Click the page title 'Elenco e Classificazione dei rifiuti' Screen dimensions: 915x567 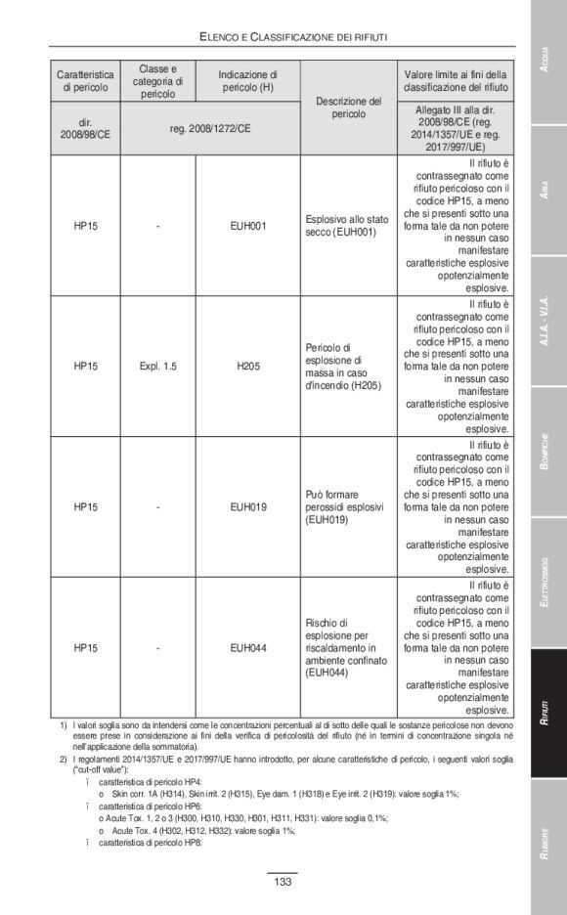coord(292,36)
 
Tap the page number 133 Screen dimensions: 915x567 coord(283,882)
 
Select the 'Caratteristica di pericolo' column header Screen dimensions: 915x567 coord(85,81)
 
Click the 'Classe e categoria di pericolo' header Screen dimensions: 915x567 coord(157,81)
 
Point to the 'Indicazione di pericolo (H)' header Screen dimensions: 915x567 coord(247,81)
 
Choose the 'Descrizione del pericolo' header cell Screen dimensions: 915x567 coord(348,107)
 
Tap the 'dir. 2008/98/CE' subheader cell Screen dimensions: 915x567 coord(85,128)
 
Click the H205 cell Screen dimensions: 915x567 coord(247,367)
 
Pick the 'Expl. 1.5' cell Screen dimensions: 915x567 coord(157,367)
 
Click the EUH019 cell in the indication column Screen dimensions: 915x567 coord(247,507)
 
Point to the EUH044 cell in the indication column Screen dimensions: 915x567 coord(247,647)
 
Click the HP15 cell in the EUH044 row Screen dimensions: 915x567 coord(85,647)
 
